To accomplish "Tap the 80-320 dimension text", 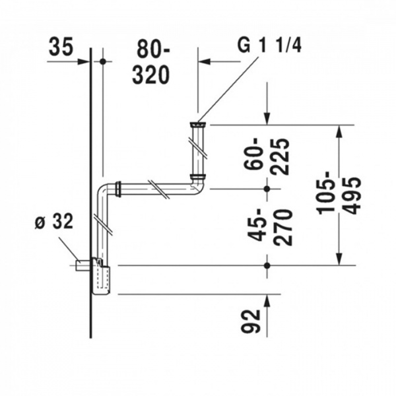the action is (151, 64).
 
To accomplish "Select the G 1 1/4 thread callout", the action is (269, 46).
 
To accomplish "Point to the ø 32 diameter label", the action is (54, 221).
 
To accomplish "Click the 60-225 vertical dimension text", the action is (266, 156).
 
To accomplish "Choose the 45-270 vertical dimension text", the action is (270, 227).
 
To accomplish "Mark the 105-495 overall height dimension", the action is (339, 197).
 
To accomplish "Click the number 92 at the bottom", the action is (250, 321).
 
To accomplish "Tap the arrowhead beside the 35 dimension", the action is (84, 61).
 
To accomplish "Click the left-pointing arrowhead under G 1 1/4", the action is (205, 61).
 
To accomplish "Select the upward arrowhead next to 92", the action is (267, 300).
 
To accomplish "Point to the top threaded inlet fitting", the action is (198, 124).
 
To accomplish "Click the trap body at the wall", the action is (101, 276).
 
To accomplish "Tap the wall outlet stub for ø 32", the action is (82, 265).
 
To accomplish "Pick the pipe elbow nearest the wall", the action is (106, 190).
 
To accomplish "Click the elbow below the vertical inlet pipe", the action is (197, 186).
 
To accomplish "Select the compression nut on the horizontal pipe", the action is (118, 189).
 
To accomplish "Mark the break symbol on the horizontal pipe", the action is (158, 189).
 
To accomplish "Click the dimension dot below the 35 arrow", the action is (103, 61).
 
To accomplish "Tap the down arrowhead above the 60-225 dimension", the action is (267, 119).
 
